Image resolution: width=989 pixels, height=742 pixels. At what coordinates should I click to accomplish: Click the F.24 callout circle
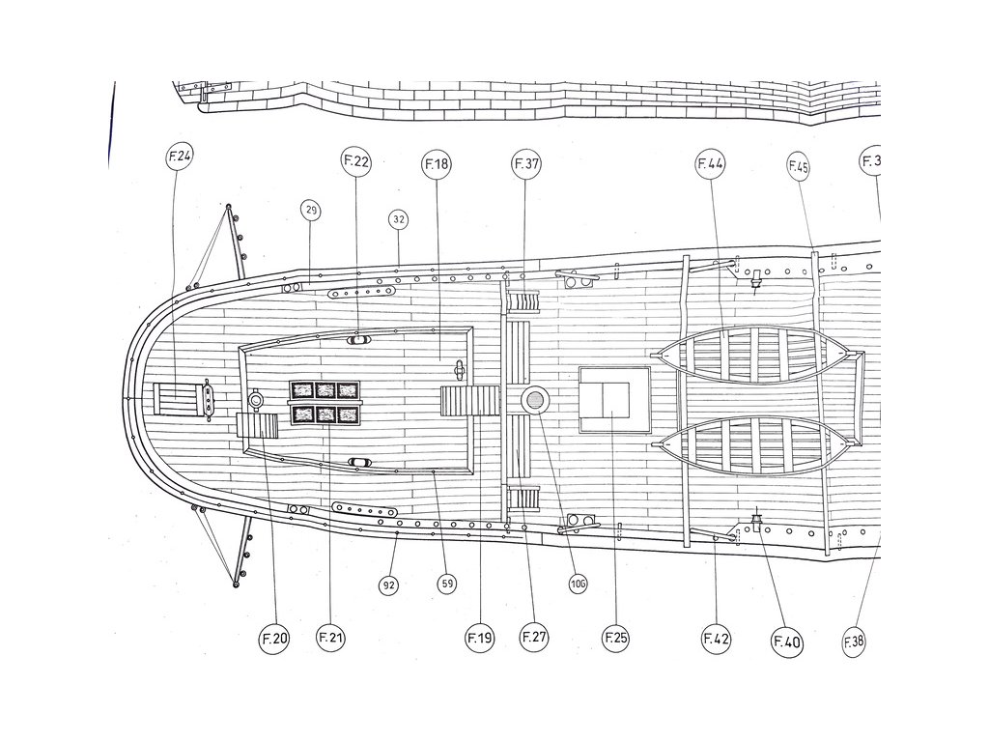coord(179,157)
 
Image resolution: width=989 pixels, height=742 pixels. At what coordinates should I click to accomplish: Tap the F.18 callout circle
coord(436,164)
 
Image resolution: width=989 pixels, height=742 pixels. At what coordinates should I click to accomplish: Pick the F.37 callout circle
coord(526,164)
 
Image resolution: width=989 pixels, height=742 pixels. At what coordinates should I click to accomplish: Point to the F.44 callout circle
coord(710,164)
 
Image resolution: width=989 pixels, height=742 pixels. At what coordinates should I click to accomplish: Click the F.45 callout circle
coord(798,166)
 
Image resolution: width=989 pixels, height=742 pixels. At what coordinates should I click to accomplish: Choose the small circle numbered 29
coord(310,213)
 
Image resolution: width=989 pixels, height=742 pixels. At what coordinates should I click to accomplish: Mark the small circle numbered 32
coord(399,220)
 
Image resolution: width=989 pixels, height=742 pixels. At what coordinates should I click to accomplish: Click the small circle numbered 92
coord(389,585)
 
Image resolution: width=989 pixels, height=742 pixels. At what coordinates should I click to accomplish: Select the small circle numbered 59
coord(446,584)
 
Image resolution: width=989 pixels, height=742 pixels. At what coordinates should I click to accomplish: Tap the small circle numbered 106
coord(578,583)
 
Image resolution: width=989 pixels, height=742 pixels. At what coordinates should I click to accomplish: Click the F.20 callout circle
coord(273,638)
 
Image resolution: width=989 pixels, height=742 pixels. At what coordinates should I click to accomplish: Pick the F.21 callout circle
coord(330,638)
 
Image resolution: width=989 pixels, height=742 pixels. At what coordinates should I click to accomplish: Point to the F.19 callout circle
coord(479,638)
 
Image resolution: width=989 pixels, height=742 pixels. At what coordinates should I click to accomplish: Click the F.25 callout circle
coord(615,638)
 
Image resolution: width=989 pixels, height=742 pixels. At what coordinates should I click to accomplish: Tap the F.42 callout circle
coord(716,639)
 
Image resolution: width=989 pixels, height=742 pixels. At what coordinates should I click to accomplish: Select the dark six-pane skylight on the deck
coord(325,402)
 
